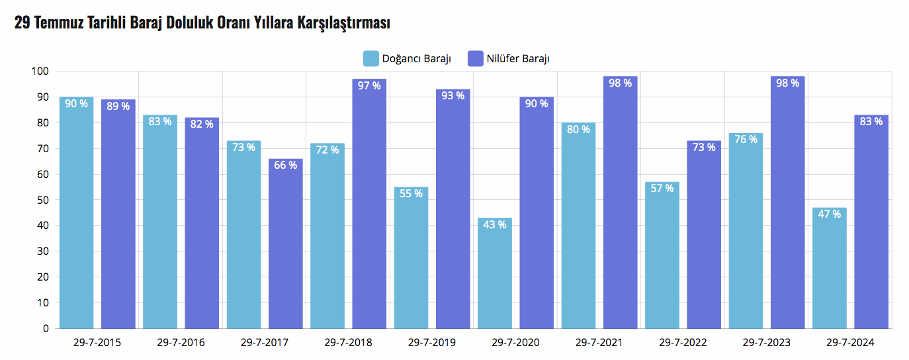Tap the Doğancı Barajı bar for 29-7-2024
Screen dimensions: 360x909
click(x=829, y=268)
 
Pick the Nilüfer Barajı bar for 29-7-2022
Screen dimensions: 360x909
click(x=704, y=234)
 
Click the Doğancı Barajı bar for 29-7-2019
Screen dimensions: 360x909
click(x=411, y=257)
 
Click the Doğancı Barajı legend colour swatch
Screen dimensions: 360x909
click(x=371, y=58)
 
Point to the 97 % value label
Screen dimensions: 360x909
click(x=368, y=85)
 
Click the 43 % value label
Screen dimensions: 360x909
click(x=494, y=224)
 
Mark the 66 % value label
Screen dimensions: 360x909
click(x=285, y=165)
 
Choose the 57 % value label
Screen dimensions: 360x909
click(x=662, y=188)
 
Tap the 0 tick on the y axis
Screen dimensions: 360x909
click(x=46, y=328)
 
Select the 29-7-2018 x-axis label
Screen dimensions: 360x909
click(x=348, y=343)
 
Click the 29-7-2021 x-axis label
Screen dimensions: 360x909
click(x=599, y=343)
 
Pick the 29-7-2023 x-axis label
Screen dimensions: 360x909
click(x=766, y=343)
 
